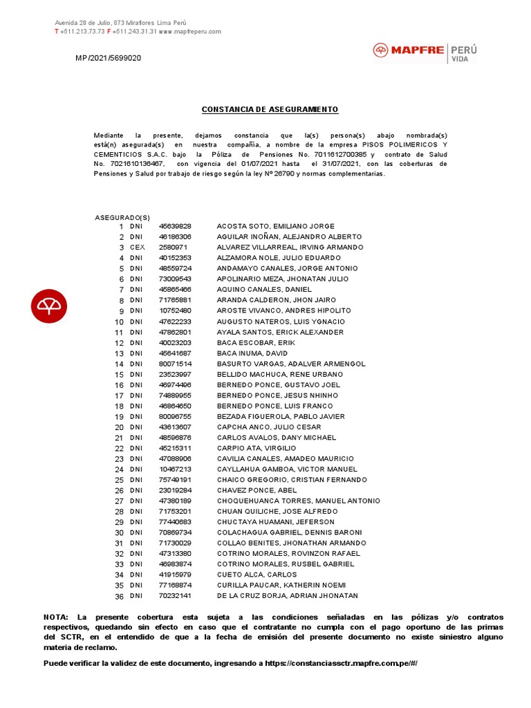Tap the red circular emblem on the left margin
pos(49,305)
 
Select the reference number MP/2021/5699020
pos(109,58)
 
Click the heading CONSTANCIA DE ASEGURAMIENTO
pos(270,110)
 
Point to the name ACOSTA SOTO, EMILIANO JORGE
pos(275,226)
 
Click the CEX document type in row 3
pos(136,248)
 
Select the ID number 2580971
pos(173,248)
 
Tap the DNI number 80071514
pos(175,364)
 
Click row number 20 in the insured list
pos(119,427)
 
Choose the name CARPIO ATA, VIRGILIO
pos(252,448)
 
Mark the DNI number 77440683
pos(175,522)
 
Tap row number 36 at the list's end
pos(119,596)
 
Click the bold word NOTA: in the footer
pos(56,617)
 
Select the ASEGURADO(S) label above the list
pos(122,217)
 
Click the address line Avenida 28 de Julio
pos(121,24)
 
